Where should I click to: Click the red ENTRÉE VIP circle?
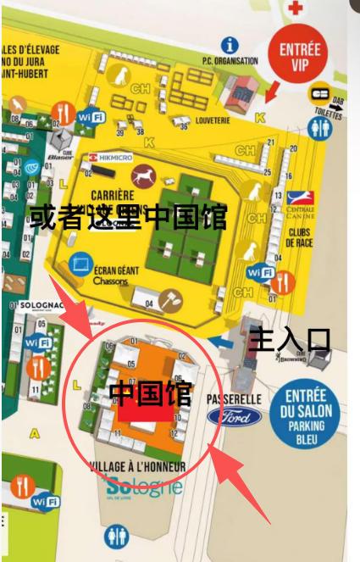tap(299, 54)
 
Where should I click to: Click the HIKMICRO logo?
tap(108, 159)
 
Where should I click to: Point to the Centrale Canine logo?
tap(300, 203)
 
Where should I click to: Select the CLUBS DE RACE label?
tap(301, 236)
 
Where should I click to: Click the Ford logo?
tap(234, 416)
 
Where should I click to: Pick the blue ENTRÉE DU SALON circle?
tap(306, 417)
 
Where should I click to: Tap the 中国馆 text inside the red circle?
tap(150, 392)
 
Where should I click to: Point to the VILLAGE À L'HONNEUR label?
tap(137, 467)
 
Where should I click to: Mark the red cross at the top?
tap(296, 8)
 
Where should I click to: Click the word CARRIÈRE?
tap(117, 193)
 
